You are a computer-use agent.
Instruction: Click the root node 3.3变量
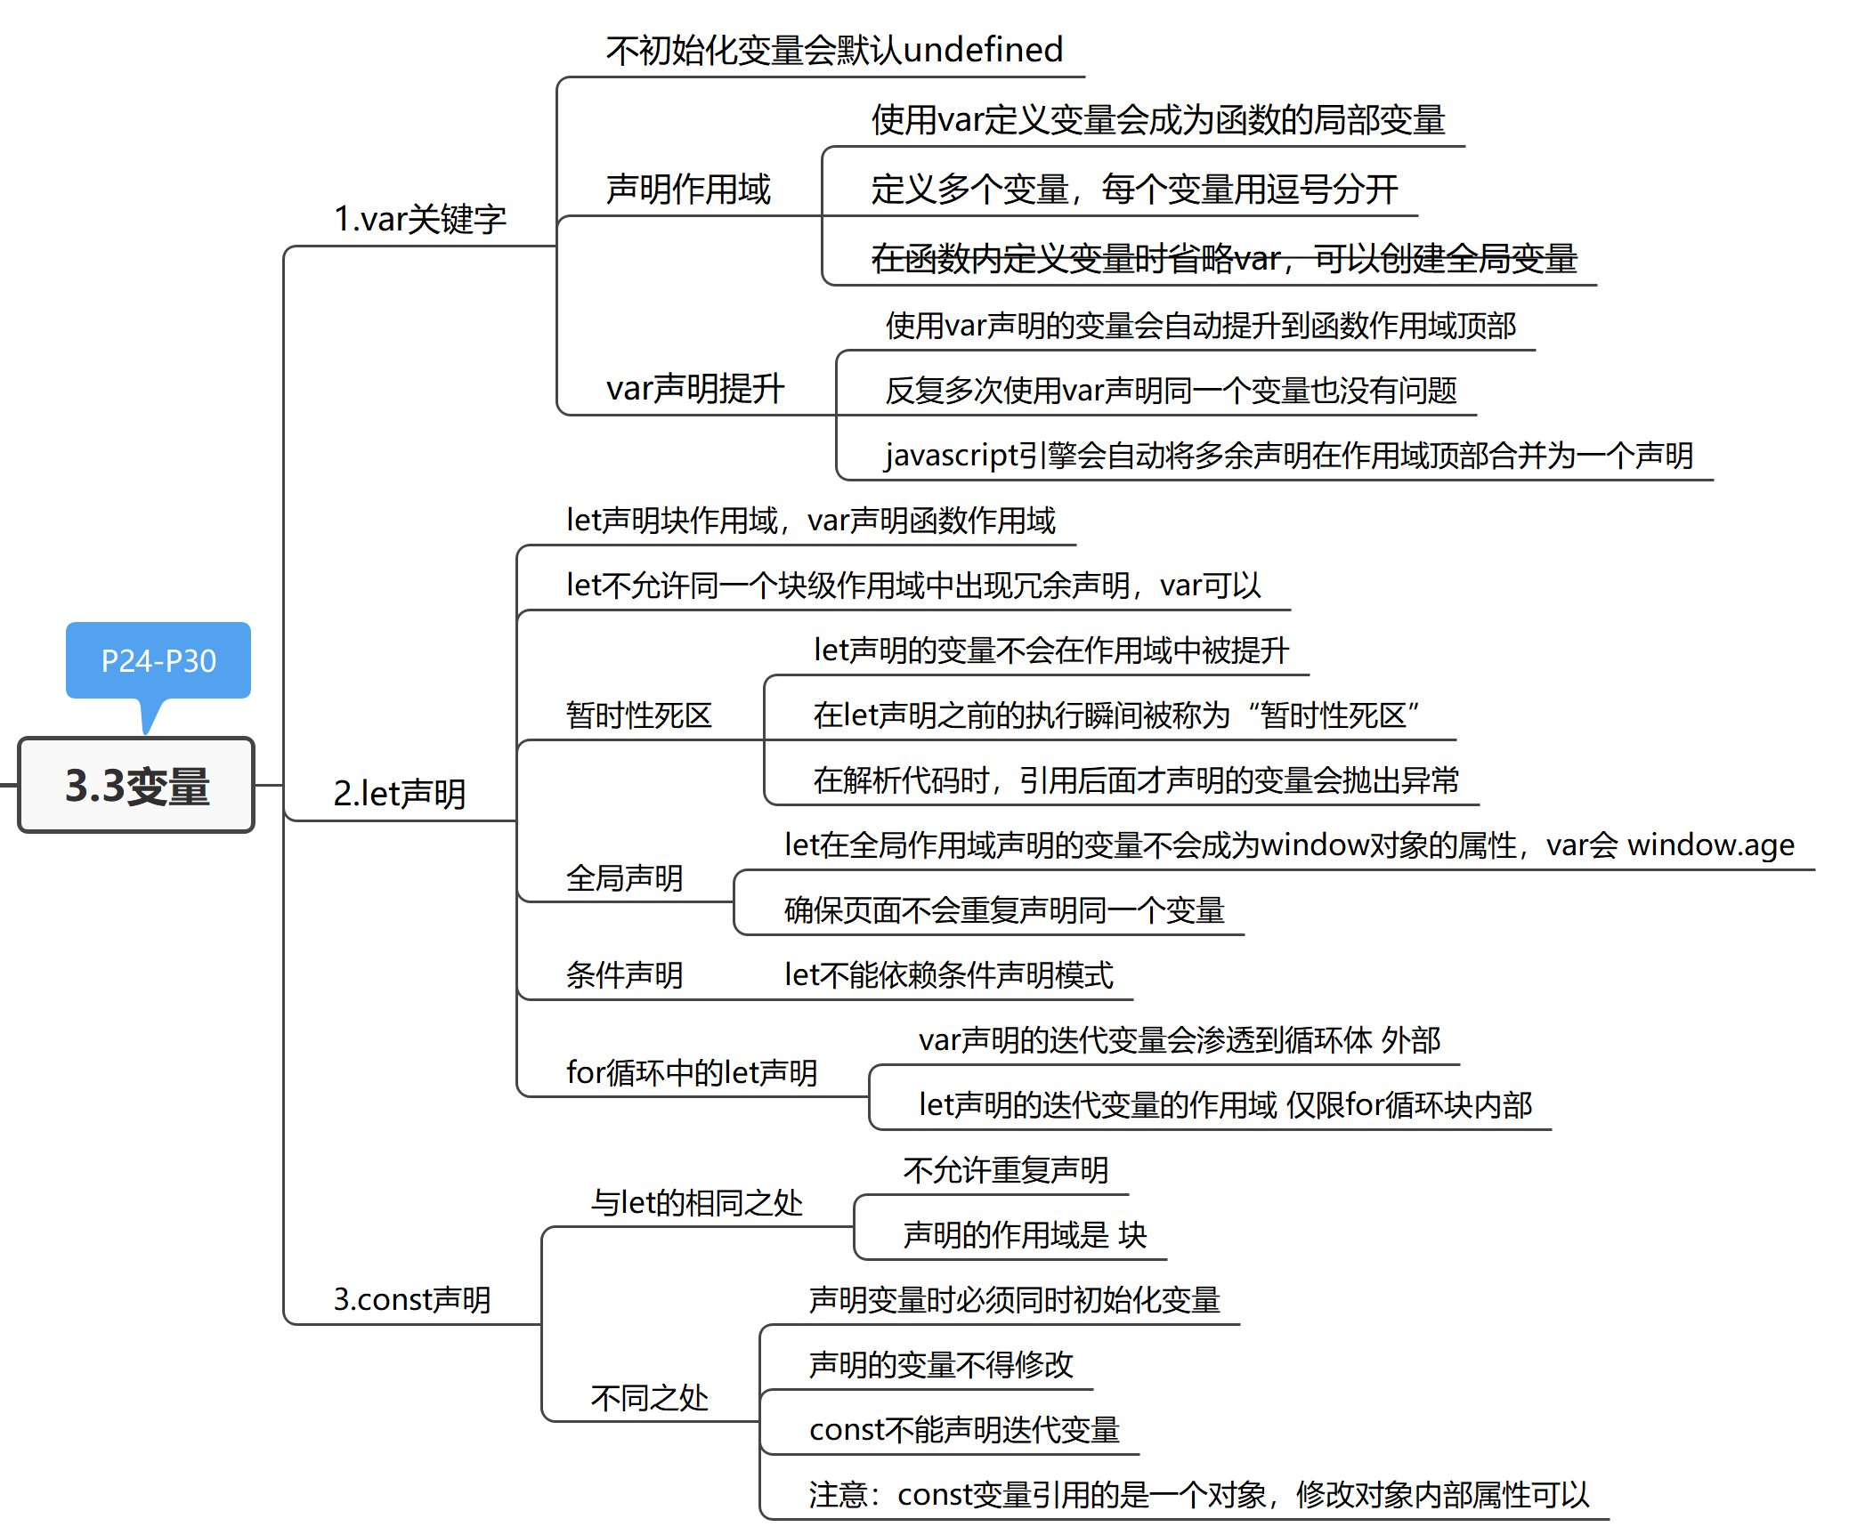tap(136, 785)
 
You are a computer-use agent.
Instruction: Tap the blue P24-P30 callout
tap(158, 660)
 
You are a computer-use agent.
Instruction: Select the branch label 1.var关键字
tap(419, 219)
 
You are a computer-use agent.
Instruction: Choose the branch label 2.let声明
tap(400, 794)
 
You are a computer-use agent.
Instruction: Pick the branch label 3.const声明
tap(412, 1299)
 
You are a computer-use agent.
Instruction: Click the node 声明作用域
tap(688, 190)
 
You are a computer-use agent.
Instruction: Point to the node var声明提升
tap(694, 389)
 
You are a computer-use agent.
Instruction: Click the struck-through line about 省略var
tap(1223, 259)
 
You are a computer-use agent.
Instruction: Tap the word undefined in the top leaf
tap(983, 50)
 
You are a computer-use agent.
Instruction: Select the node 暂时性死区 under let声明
tap(638, 715)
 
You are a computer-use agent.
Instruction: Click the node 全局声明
tap(624, 878)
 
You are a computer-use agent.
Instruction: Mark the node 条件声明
tap(624, 975)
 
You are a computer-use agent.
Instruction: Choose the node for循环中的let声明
tap(692, 1072)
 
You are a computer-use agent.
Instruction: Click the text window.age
tap(1710, 844)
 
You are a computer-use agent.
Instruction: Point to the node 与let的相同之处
tap(697, 1203)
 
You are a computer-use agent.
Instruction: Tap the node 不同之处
tap(649, 1398)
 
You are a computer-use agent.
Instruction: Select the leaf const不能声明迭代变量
tap(964, 1430)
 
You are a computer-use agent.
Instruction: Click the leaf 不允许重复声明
tap(1006, 1170)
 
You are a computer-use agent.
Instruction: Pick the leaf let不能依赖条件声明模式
tap(948, 975)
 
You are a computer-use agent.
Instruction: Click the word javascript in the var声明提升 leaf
tap(950, 456)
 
